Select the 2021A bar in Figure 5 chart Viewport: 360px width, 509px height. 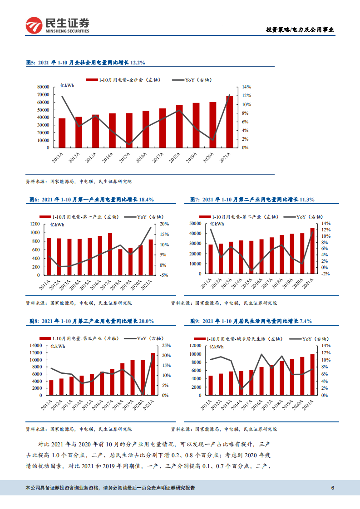pyautogui.click(x=230, y=122)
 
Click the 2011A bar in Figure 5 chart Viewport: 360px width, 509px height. pyautogui.click(x=62, y=133)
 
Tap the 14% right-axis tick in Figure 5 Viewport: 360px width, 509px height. pyautogui.click(x=246, y=87)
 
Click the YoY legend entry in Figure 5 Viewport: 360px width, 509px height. pyautogui.click(x=192, y=79)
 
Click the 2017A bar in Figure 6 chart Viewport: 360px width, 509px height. pyautogui.click(x=110, y=254)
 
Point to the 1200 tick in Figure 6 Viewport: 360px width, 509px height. pyautogui.click(x=36, y=224)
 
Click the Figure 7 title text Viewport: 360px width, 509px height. pyautogui.click(x=252, y=199)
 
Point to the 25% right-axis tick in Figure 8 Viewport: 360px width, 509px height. pyautogui.click(x=166, y=346)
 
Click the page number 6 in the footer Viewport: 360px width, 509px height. pyautogui.click(x=333, y=488)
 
